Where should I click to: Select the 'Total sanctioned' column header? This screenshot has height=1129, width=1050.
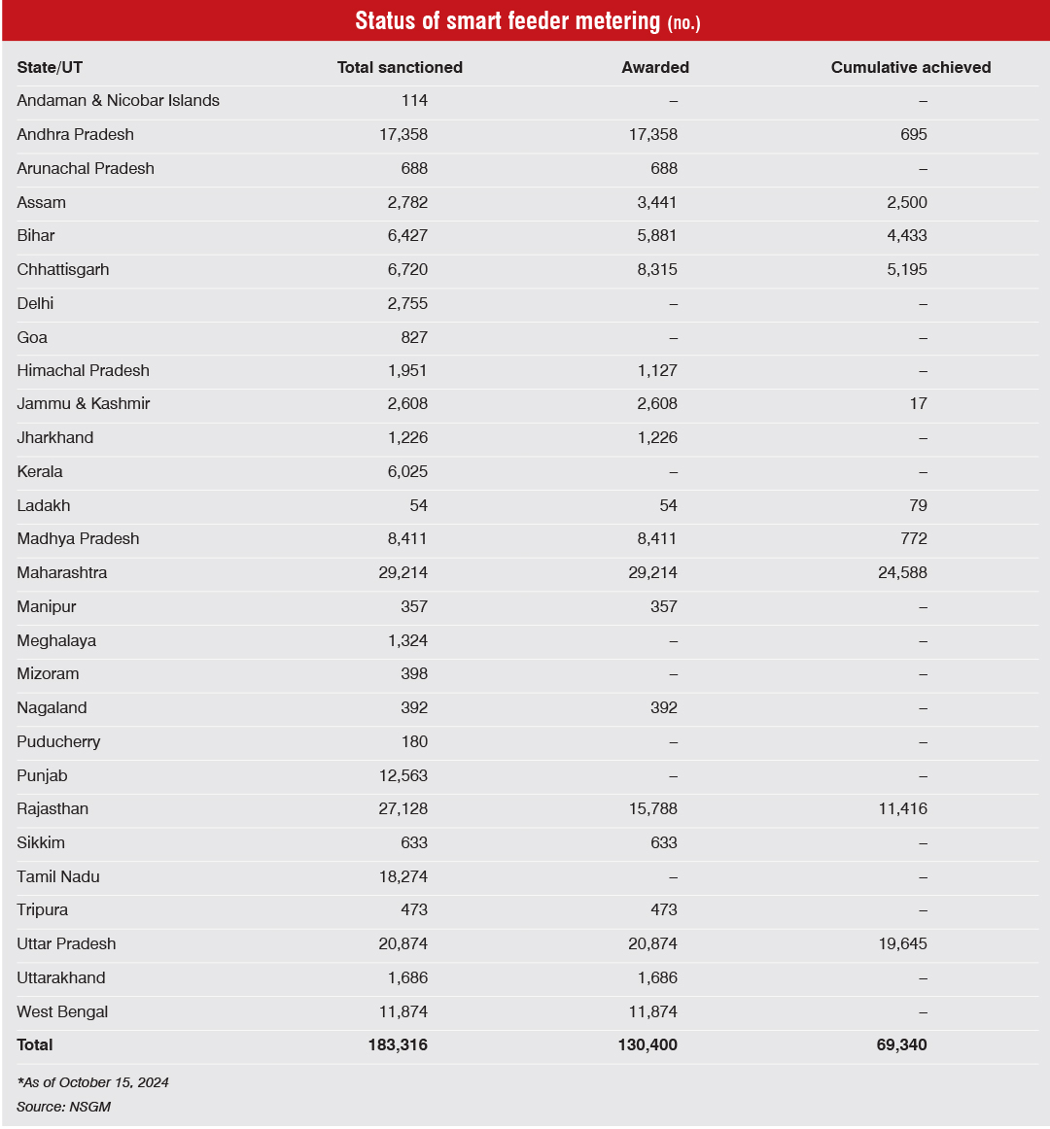(400, 67)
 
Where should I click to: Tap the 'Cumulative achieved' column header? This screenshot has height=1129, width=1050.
(911, 67)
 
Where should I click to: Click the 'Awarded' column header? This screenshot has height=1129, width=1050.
(655, 67)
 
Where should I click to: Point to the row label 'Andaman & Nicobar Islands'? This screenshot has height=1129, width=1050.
(118, 101)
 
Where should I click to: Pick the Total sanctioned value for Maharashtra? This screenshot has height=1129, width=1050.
(402, 573)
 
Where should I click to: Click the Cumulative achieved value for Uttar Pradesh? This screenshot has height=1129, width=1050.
(902, 944)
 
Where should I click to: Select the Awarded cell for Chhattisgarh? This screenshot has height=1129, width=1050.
(657, 270)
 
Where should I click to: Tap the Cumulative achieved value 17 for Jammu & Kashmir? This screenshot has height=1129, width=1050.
(918, 404)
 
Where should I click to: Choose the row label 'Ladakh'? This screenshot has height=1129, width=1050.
(44, 506)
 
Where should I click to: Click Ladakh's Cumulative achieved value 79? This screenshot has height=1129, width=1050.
(918, 506)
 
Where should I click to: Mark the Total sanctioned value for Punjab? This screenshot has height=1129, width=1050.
(402, 776)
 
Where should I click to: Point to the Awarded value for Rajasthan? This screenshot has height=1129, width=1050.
(652, 809)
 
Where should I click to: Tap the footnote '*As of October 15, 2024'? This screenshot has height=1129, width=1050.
(92, 1082)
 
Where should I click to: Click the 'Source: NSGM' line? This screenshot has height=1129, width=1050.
(63, 1107)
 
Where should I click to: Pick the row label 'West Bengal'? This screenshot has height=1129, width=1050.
(62, 1012)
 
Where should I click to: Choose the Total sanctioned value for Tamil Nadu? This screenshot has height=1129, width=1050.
(402, 877)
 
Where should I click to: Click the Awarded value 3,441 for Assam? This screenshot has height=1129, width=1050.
(657, 203)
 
